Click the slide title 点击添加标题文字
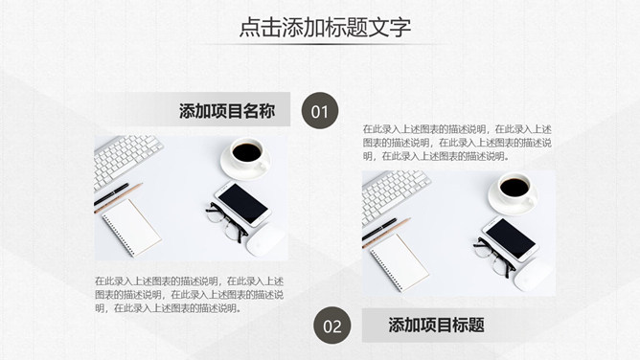click(325, 28)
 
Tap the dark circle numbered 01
click(320, 111)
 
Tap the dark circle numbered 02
click(331, 326)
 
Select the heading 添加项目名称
click(227, 111)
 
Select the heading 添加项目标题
click(436, 325)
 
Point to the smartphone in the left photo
click(242, 204)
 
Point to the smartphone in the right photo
click(511, 239)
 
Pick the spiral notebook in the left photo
click(131, 228)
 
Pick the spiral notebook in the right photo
click(400, 262)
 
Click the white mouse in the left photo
click(265, 241)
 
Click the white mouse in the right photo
click(533, 276)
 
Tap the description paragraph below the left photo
click(190, 295)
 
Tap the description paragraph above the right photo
click(457, 143)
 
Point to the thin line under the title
click(325, 44)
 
